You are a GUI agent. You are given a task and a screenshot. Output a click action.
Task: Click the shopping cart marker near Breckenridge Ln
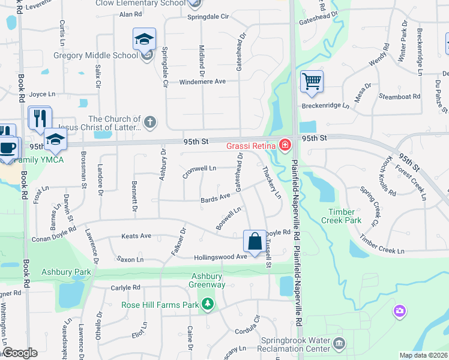[312, 81]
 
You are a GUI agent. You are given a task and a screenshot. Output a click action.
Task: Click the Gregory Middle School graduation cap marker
[144, 40]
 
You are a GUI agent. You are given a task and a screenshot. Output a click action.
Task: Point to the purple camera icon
[399, 311]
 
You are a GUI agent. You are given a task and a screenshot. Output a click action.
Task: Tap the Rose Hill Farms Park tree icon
[208, 305]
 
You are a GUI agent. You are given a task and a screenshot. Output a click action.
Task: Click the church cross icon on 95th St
[149, 123]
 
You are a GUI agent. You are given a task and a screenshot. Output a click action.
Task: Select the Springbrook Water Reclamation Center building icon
[339, 344]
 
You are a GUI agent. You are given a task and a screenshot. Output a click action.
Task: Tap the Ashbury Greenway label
[208, 280]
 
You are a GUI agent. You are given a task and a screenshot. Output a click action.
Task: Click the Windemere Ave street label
[202, 82]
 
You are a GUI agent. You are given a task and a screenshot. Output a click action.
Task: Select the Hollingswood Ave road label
[220, 257]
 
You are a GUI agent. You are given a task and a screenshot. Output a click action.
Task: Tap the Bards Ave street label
[215, 197]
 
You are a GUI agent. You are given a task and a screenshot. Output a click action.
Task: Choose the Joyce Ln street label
[42, 94]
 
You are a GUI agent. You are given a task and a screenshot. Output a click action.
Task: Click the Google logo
[20, 353]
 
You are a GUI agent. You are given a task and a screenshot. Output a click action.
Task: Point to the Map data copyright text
[423, 355]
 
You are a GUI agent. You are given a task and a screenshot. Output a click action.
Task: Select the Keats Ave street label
[136, 236]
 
